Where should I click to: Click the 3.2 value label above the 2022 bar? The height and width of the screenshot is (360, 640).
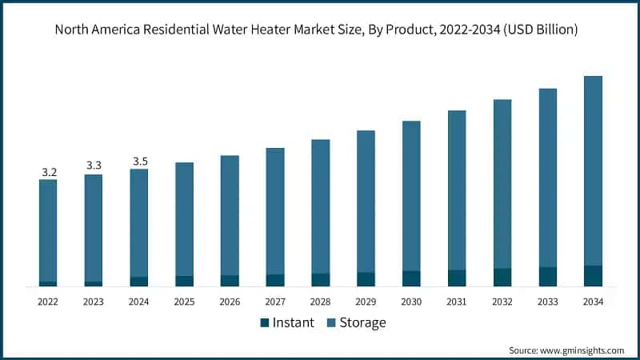point(49,172)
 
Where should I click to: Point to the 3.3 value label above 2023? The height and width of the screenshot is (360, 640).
point(94,166)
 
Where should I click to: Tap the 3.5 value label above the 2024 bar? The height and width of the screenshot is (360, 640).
point(140,162)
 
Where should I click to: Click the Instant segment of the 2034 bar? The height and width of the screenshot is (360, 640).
point(593,276)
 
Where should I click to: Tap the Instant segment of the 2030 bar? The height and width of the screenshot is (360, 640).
point(411,278)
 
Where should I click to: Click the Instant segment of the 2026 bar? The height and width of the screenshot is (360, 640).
point(230,281)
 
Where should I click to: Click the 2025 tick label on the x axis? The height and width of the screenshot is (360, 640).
point(185,302)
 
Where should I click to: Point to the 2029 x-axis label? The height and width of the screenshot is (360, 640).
point(366,302)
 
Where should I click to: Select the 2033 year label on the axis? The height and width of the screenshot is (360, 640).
point(547,302)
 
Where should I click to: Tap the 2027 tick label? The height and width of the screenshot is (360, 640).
point(275,302)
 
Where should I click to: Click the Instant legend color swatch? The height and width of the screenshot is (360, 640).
point(264,323)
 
